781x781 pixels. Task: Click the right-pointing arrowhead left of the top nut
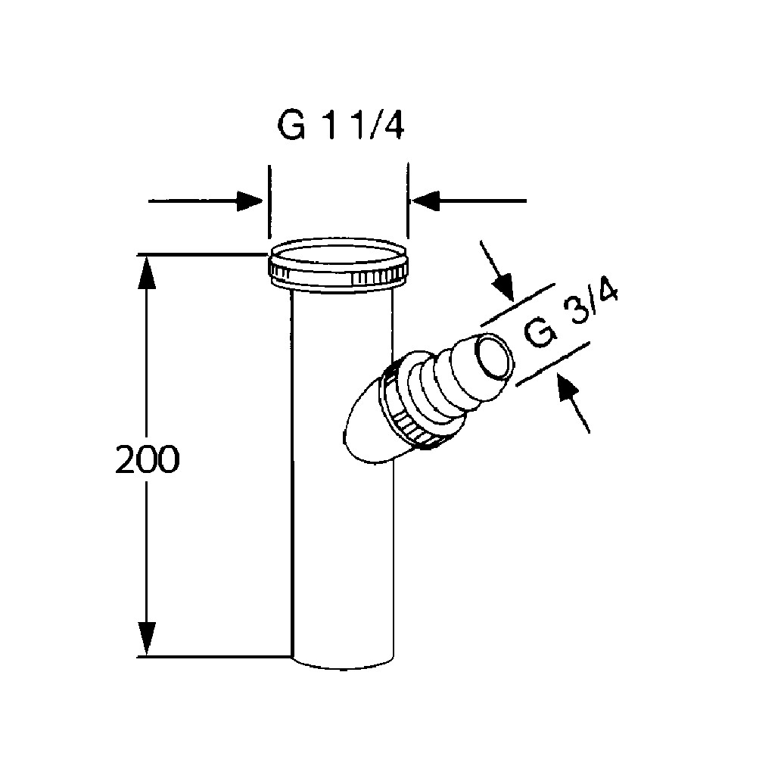pyautogui.click(x=250, y=201)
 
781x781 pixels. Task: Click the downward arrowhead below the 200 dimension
pyautogui.click(x=146, y=639)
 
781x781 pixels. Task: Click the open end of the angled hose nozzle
pyautogui.click(x=494, y=357)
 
